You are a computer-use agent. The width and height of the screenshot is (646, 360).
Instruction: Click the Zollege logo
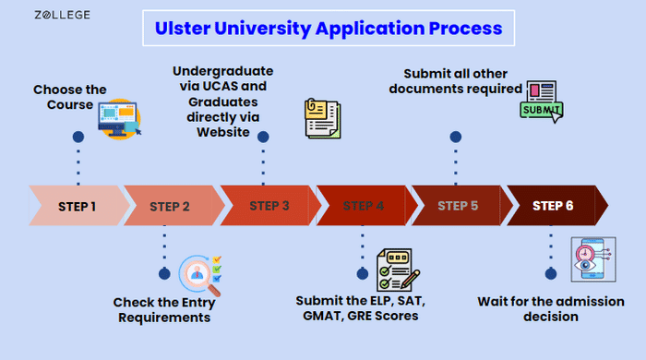[62, 15]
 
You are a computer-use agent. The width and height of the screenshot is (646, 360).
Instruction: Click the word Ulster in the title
[183, 29]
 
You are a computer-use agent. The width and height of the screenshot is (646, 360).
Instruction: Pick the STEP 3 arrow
[270, 206]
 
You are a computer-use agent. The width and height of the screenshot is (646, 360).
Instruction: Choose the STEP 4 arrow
[366, 206]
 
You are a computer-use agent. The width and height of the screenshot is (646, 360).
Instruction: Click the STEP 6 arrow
[557, 206]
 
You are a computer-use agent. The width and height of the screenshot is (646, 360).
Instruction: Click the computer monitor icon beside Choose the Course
[119, 119]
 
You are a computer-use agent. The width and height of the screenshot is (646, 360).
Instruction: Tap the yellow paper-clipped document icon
[323, 119]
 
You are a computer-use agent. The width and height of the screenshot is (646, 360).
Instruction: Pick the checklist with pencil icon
[398, 270]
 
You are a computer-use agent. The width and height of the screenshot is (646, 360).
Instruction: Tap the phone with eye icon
[593, 259]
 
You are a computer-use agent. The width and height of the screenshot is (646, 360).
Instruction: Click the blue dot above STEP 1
[78, 137]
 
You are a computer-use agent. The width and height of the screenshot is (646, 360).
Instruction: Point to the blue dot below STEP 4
[363, 273]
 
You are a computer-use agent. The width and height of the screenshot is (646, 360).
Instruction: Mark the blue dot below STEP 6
[551, 273]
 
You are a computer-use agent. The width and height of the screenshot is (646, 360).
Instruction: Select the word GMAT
[323, 316]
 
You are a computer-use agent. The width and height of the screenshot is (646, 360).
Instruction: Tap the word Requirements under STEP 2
[164, 318]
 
